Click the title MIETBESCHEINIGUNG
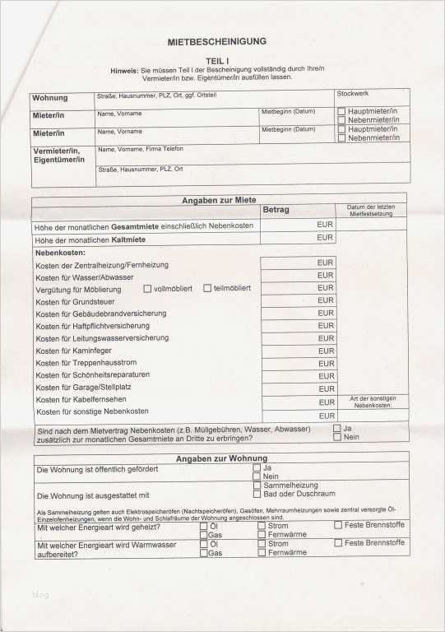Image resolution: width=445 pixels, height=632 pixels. tap(216, 41)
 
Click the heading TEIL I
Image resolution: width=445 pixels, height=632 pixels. tap(216, 60)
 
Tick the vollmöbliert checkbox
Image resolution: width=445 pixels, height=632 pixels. tap(147, 288)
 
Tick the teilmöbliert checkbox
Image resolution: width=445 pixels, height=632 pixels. tap(207, 288)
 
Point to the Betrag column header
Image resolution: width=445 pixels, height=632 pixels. tap(276, 210)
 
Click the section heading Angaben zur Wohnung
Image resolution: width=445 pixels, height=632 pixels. tap(221, 458)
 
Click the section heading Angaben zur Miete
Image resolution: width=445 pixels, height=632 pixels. tap(218, 200)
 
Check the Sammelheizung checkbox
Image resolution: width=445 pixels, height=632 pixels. tap(257, 486)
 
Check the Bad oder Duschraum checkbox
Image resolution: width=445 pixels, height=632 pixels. tap(257, 495)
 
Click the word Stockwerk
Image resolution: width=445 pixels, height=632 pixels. tap(353, 94)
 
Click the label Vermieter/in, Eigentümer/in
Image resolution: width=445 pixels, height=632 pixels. tap(57, 156)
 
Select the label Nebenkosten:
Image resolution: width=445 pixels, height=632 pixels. tap(61, 253)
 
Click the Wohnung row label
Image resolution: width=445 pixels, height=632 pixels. tap(50, 99)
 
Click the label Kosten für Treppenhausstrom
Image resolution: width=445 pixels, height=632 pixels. tap(86, 362)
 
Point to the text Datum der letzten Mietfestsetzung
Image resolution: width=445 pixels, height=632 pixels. tap(372, 210)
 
